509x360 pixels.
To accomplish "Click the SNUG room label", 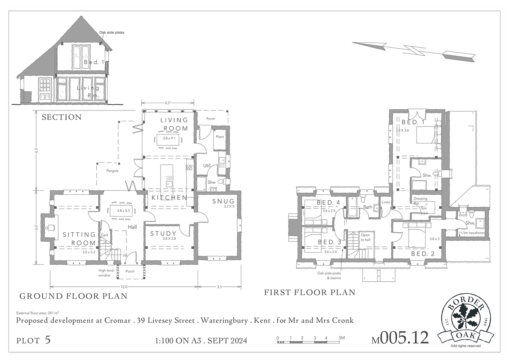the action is click(223, 201).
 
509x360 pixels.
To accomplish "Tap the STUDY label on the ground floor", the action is click(163, 233).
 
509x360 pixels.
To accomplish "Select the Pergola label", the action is click(112, 171).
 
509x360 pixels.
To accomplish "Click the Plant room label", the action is click(220, 137).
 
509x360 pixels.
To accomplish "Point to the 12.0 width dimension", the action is click(124, 287).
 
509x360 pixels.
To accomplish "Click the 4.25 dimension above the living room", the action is click(168, 103).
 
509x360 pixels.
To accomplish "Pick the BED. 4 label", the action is click(329, 203).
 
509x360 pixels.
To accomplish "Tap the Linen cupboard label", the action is click(386, 202).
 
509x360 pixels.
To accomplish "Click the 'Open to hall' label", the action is click(366, 237).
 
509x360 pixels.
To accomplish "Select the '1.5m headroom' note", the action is click(472, 233).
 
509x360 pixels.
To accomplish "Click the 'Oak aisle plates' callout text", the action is click(112, 33).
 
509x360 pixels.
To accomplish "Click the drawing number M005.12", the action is click(400, 338).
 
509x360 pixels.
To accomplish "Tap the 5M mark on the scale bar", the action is click(341, 338).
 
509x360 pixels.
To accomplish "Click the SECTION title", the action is click(61, 117).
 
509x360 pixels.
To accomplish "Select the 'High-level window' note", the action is click(106, 273).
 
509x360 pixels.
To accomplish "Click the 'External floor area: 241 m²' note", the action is click(38, 313).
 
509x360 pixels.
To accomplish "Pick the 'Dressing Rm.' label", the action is click(420, 201).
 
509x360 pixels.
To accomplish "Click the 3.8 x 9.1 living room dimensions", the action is click(169, 138).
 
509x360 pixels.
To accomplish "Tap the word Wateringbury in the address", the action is click(224, 321).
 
